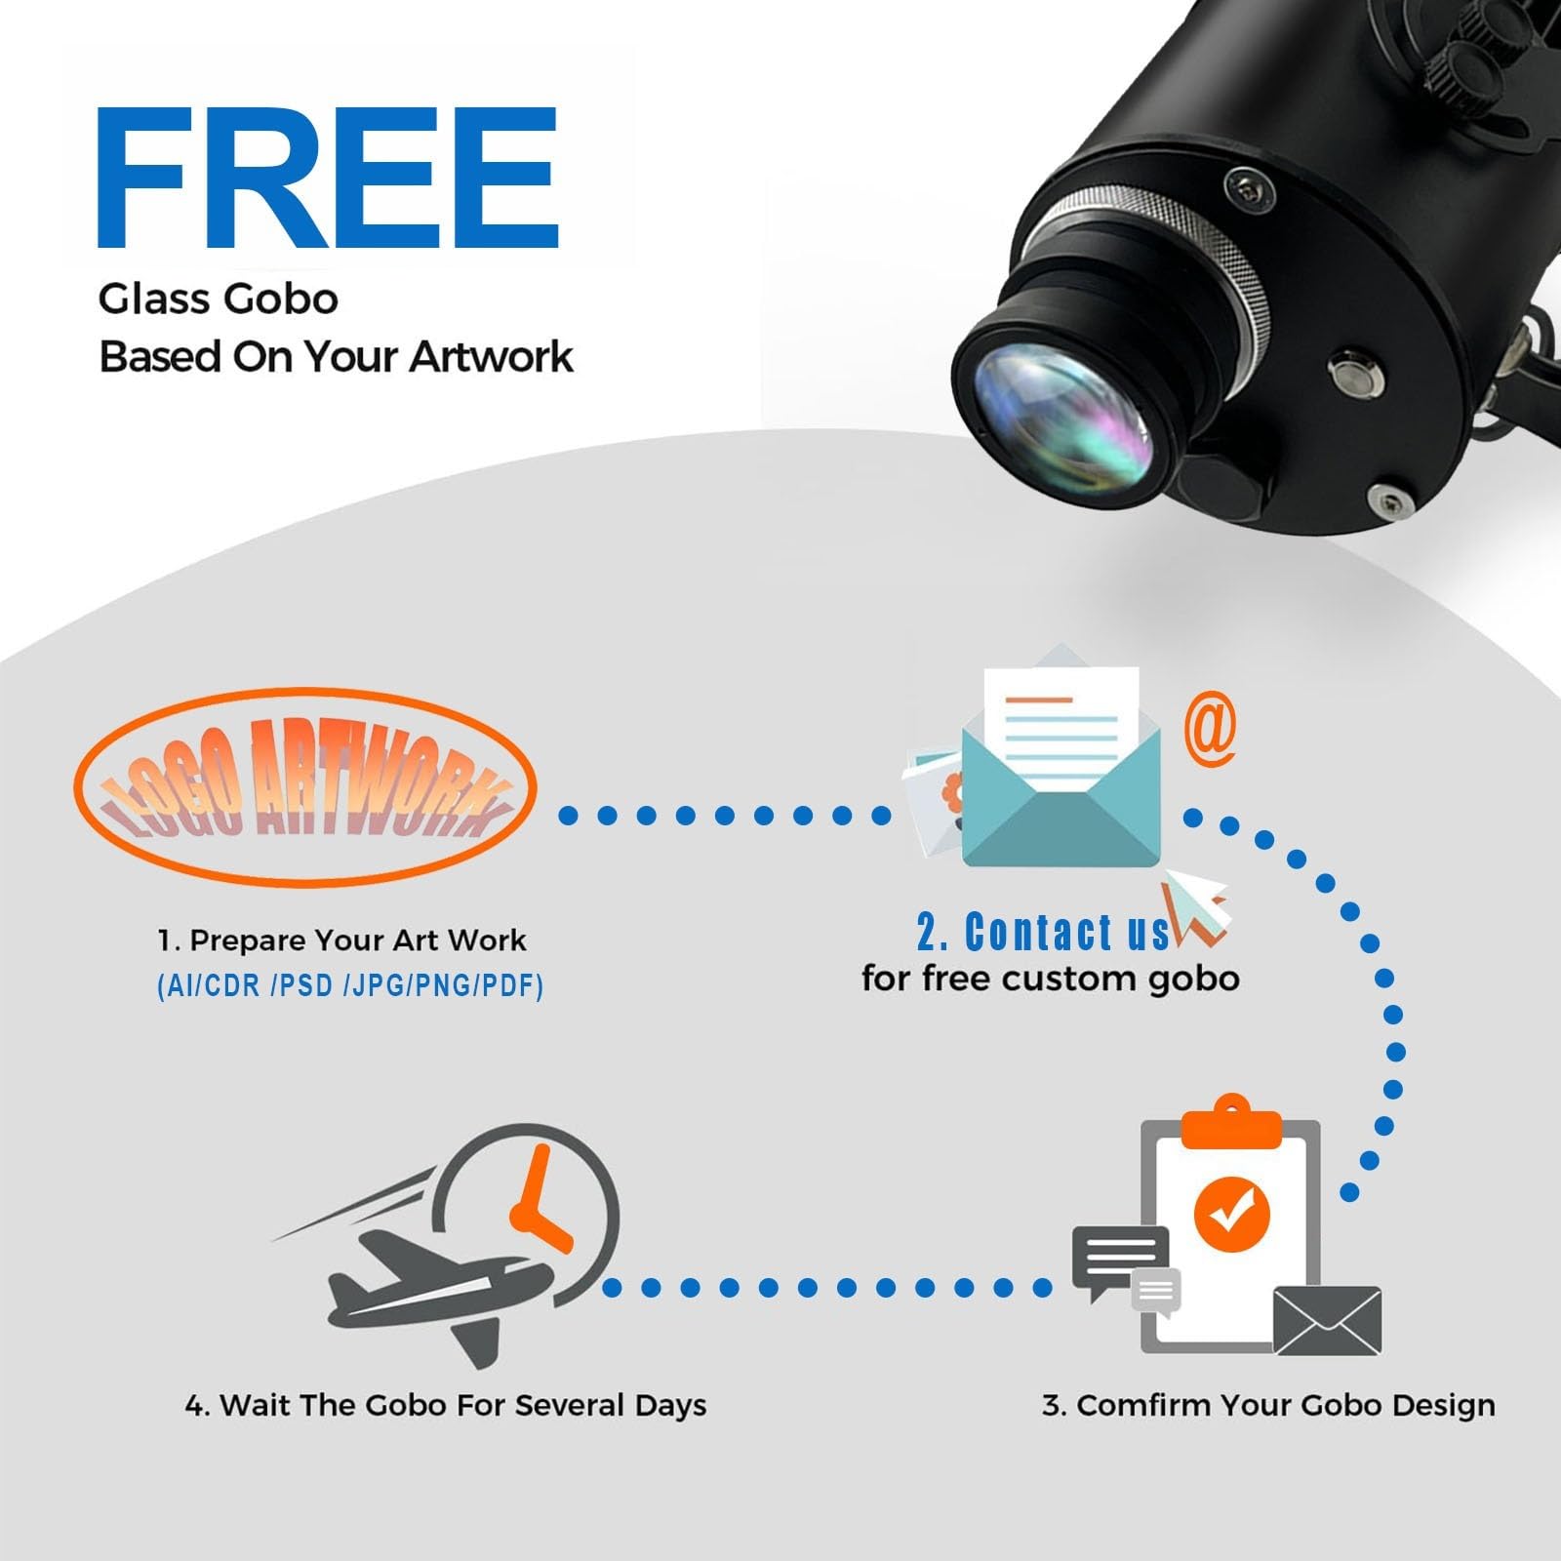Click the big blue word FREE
tap(327, 178)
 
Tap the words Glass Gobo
tap(219, 299)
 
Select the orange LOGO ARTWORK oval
tap(305, 787)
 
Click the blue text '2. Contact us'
tap(1042, 933)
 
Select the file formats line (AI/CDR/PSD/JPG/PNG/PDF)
tap(350, 986)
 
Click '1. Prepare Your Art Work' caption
tap(341, 941)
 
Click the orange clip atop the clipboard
tap(1231, 1123)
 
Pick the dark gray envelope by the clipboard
tap(1328, 1321)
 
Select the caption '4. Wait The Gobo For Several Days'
tap(446, 1406)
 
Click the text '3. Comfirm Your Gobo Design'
tap(1268, 1406)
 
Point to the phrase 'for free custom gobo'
tap(1051, 979)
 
